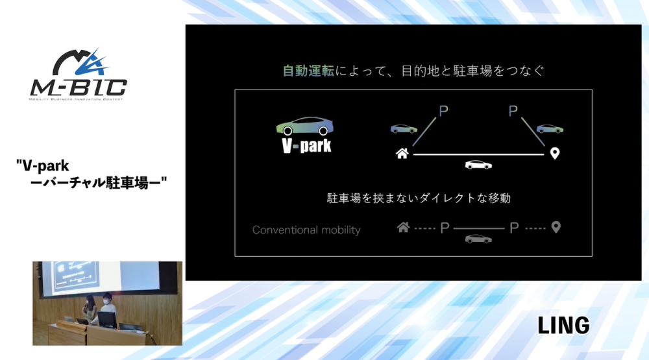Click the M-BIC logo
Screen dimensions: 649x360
[79, 75]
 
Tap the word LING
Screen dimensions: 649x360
[564, 325]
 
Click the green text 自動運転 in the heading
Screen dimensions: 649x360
[308, 71]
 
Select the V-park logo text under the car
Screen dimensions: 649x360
[306, 146]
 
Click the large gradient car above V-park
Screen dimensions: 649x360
[304, 126]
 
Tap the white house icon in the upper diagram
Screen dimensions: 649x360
[402, 154]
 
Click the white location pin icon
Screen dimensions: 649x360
[555, 154]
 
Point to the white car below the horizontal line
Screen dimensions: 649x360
[478, 165]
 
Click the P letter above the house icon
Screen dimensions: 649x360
[443, 111]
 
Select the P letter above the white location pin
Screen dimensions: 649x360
[513, 111]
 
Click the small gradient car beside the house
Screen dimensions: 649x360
[404, 128]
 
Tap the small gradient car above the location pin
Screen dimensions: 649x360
[550, 128]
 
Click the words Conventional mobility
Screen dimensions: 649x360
[306, 230]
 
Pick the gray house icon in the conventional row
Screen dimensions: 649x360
[403, 227]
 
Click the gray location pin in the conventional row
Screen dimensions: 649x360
[556, 227]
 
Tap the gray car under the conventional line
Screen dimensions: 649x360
[478, 239]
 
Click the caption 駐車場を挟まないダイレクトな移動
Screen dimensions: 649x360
[419, 198]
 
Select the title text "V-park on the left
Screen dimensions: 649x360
[43, 166]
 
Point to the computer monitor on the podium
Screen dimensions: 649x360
[107, 319]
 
